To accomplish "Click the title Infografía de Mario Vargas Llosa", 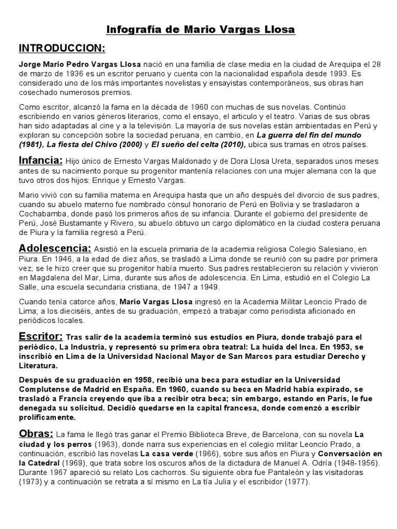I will coord(201,30).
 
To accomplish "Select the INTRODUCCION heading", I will coord(62,49).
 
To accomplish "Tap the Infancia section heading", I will coord(41,159).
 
